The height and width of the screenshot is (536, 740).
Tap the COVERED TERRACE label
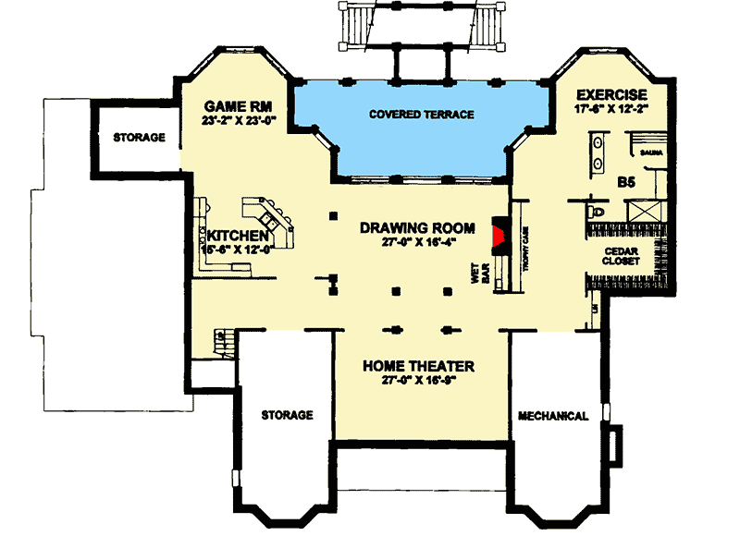tap(421, 115)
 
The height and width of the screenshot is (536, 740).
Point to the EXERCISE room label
tap(610, 95)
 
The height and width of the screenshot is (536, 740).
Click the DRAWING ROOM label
tap(417, 227)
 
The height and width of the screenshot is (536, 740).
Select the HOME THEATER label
tap(417, 366)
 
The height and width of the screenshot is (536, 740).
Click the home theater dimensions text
tap(417, 381)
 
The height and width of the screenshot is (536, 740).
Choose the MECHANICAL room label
tap(552, 416)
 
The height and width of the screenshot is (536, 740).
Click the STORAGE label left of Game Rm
tap(139, 139)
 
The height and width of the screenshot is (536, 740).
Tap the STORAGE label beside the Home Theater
tap(286, 415)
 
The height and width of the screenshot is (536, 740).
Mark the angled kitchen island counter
tap(270, 220)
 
